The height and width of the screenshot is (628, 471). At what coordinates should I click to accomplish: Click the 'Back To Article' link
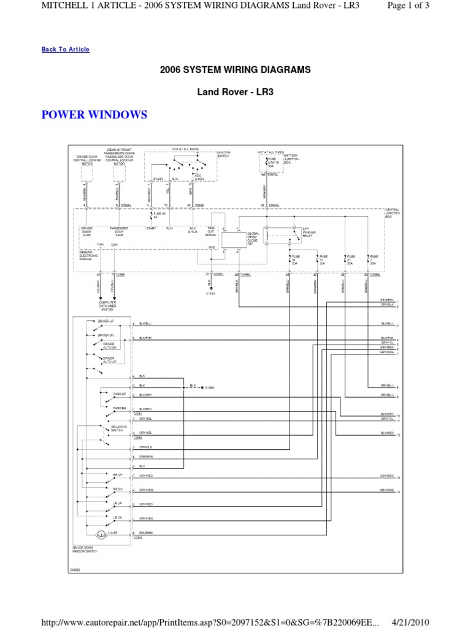click(x=66, y=50)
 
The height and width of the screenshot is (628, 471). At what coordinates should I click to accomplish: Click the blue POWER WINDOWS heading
click(x=94, y=115)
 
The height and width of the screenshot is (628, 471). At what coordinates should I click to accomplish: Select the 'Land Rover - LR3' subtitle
click(x=235, y=92)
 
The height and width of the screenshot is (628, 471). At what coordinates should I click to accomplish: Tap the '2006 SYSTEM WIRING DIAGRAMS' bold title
click(x=235, y=70)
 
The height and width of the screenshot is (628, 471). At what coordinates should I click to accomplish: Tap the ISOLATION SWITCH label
click(x=118, y=428)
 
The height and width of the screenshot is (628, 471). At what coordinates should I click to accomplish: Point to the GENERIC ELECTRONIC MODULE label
click(x=90, y=255)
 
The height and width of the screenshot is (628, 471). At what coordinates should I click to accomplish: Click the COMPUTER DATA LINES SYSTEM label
click(x=108, y=306)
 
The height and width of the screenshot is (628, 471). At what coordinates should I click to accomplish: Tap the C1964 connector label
click(x=210, y=387)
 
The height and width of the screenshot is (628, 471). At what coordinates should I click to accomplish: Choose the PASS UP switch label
click(x=119, y=393)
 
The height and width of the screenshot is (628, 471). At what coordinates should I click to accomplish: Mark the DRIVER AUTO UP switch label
click(x=109, y=359)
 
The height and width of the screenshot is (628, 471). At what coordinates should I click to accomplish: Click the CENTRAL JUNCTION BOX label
click(x=392, y=213)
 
